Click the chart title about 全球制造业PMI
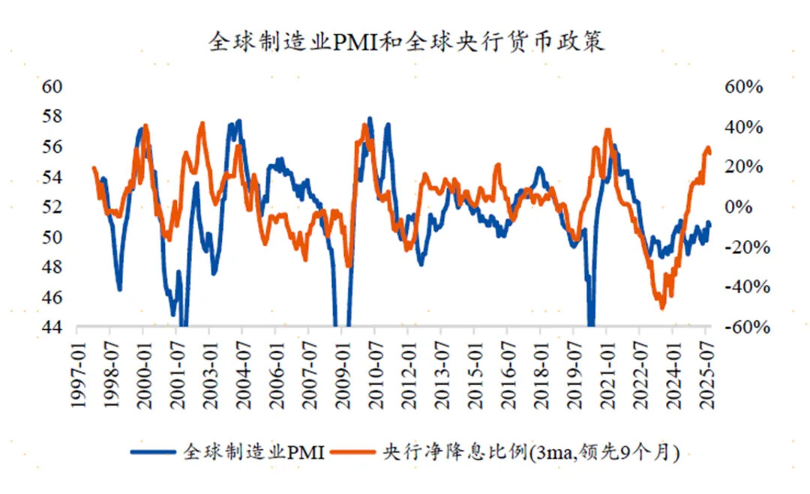click(406, 41)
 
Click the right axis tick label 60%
click(742, 86)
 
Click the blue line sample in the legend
click(154, 452)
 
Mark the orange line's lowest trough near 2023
click(661, 307)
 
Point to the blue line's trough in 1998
click(119, 289)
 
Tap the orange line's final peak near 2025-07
click(707, 148)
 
